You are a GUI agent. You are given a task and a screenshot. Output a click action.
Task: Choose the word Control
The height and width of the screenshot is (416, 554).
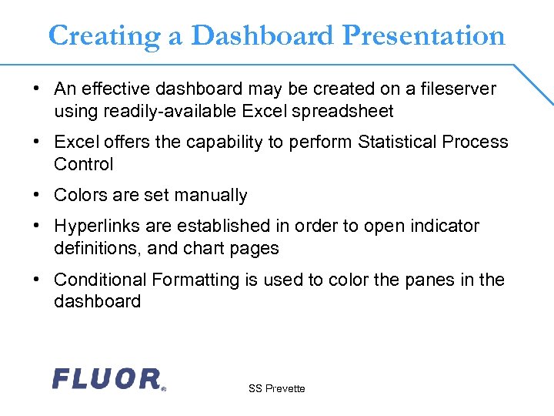tap(83, 165)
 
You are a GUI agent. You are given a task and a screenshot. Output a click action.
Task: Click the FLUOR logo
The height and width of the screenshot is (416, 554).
tap(108, 378)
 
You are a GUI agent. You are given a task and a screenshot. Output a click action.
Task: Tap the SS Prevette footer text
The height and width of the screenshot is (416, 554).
tap(276, 389)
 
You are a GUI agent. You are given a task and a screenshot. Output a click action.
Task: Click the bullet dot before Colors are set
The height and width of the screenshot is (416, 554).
tap(37, 196)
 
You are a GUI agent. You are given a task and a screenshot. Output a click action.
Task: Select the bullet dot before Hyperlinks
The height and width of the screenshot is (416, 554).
tap(37, 226)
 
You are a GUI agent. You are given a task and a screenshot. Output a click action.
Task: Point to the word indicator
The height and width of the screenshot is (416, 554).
tap(446, 226)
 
